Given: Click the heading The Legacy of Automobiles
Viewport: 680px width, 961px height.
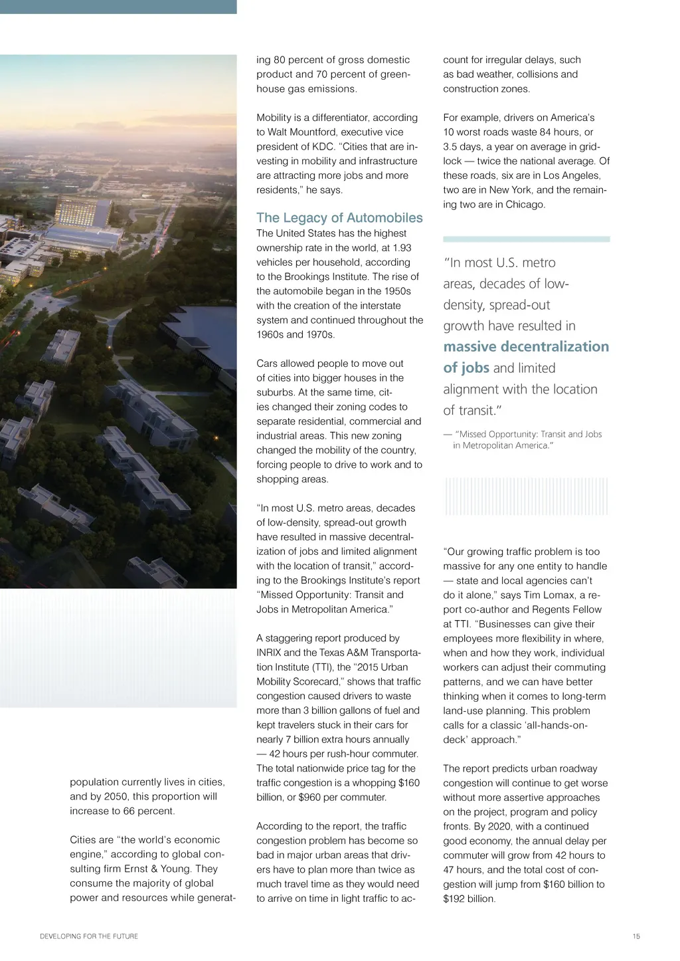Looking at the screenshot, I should tap(339, 218).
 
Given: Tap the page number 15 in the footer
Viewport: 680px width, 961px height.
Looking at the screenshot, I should tap(636, 936).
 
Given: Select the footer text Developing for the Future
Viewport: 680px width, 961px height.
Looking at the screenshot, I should tap(89, 936).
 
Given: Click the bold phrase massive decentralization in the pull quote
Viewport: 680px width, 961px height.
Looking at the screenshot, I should tap(526, 347).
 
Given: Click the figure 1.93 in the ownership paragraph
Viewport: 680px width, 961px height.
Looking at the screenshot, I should tap(402, 248).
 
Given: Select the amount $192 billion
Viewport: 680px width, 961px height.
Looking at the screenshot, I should tap(469, 899).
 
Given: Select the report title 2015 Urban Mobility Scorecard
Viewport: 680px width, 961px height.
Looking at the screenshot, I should tap(339, 675).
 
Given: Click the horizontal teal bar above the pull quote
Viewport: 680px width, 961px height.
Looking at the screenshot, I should tap(526, 239).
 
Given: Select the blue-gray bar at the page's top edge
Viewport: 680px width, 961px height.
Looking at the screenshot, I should tap(118, 7).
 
